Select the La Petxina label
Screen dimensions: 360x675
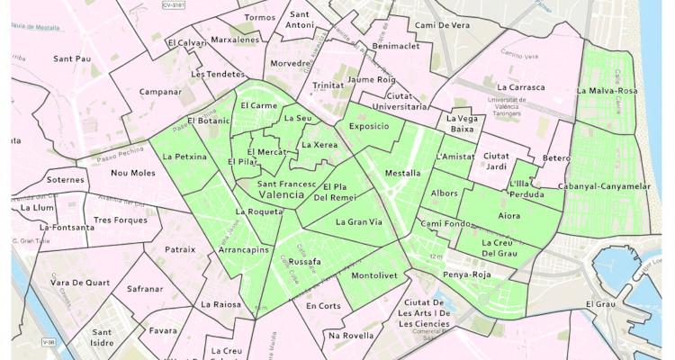(185, 157)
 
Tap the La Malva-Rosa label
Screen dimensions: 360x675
(607, 91)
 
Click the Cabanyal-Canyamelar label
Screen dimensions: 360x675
(616, 186)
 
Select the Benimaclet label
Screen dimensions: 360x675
(396, 46)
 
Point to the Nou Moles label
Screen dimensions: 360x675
(132, 173)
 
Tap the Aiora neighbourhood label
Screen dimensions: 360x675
(508, 216)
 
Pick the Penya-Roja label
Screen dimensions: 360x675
(468, 274)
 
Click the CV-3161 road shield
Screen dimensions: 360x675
(180, 5)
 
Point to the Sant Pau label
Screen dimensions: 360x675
(72, 59)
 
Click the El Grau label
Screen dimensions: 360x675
(599, 304)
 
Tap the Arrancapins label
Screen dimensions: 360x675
(243, 250)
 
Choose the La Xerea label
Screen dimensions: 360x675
(319, 145)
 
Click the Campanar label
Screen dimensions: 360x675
(161, 92)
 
